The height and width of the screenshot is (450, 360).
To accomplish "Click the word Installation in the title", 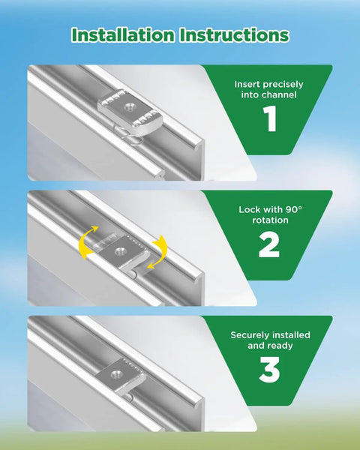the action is (123, 35).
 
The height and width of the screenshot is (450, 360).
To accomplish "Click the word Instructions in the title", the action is (234, 35).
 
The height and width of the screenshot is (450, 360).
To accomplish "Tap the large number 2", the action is (269, 244).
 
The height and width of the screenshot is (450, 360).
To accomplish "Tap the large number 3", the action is (269, 369).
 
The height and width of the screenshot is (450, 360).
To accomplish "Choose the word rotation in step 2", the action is (270, 220).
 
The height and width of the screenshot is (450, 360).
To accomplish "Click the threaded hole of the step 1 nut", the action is (128, 107).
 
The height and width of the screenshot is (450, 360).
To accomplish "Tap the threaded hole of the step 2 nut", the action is (119, 252).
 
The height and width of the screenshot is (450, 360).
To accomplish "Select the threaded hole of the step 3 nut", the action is (115, 373).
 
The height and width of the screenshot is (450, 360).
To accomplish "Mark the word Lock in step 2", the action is (247, 209).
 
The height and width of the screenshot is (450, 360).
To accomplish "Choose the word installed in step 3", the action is (291, 335).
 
